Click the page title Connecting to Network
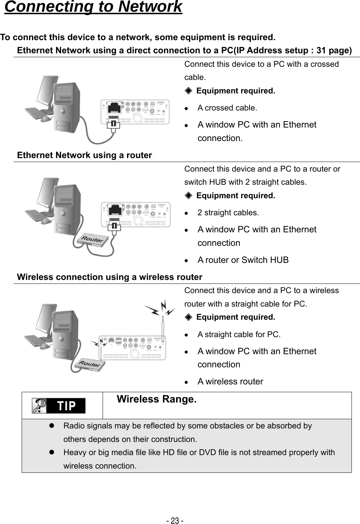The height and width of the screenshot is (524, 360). tap(93, 7)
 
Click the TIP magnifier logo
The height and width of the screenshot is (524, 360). tap(59, 406)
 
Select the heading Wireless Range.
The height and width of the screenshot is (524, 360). tap(156, 399)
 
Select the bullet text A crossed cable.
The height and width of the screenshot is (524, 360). tap(227, 108)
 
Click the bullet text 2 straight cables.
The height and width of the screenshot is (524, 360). tap(228, 212)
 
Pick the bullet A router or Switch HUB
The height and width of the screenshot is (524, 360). tap(243, 260)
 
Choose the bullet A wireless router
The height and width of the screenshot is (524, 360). tap(230, 382)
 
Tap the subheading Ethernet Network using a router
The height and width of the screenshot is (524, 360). tap(84, 155)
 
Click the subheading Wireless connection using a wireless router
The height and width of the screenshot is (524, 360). tap(109, 277)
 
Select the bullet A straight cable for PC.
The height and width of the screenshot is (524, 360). tap(239, 334)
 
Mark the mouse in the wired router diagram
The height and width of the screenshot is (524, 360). tap(46, 221)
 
